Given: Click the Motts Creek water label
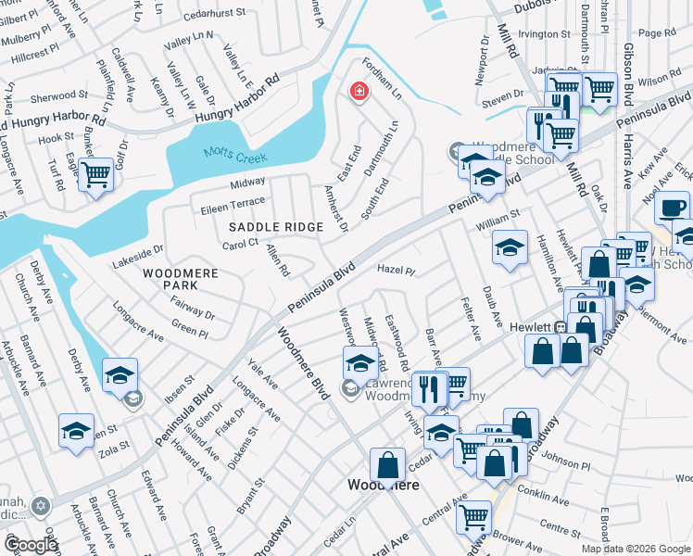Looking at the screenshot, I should point(235,157).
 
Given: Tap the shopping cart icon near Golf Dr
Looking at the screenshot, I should point(95,173).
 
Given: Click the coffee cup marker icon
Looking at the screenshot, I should point(673,206).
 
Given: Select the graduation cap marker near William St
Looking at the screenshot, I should point(509,247).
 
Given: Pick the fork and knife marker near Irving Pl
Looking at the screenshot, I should point(428,388).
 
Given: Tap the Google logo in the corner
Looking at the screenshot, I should point(30,545).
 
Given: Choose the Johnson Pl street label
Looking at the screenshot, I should point(560,457).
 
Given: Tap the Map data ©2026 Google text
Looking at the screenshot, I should point(635,549).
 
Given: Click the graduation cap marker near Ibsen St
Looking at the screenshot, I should point(120,375).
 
